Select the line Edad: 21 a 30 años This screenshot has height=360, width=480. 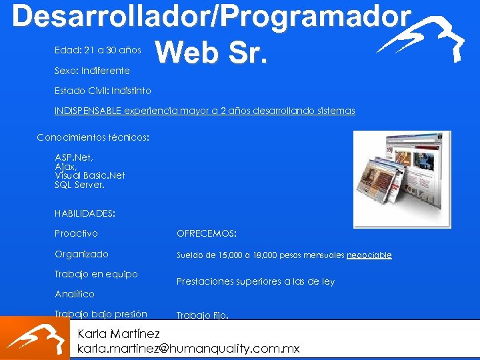tap(98, 50)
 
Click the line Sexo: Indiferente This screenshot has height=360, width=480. tap(92, 70)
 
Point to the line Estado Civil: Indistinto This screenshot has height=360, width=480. tap(103, 91)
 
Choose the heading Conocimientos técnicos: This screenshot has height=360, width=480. tap(93, 137)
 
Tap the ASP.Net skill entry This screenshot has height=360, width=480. tap(74, 157)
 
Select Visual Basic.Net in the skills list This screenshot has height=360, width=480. tap(89, 175)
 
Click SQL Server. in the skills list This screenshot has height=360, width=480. tap(79, 185)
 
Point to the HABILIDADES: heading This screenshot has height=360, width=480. tap(85, 213)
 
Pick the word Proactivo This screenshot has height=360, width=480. tap(76, 233)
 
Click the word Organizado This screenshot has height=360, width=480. tap(81, 254)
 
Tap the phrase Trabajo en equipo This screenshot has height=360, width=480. tap(96, 274)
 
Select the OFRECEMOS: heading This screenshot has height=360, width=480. tap(206, 233)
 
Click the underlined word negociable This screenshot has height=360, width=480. tap(369, 255)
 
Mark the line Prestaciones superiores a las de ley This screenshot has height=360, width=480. tap(255, 281)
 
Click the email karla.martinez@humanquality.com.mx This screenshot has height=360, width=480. tap(189, 348)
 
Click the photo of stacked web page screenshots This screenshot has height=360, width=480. tap(401, 178)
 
